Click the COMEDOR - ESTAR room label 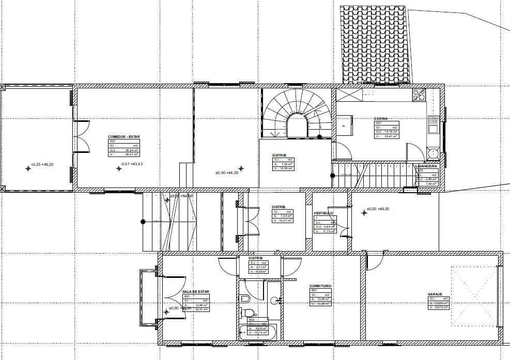coord(124,137)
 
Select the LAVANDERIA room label coord(426,166)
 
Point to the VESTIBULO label coord(323,213)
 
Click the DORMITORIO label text coord(320,286)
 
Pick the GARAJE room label coord(435,294)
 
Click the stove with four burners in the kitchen coord(419,95)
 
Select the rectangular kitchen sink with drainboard coord(432,127)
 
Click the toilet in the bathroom coord(249,312)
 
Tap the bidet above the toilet coord(244,299)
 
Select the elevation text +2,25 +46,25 coord(42,164)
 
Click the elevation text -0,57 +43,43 coord(131,164)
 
